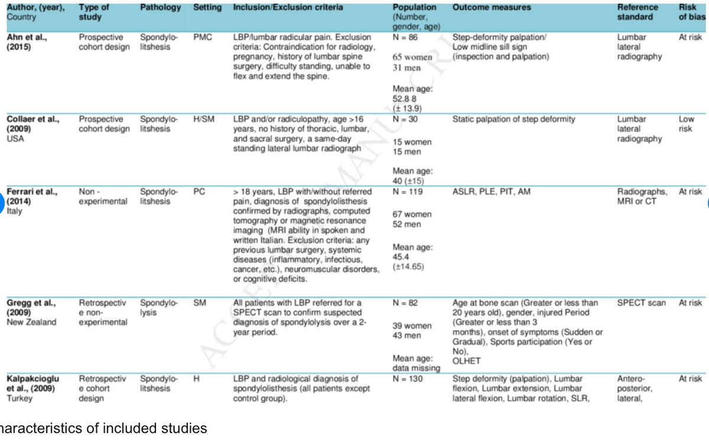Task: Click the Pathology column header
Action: click(x=161, y=8)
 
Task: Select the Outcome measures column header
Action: click(x=492, y=8)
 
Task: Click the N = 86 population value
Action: click(x=406, y=37)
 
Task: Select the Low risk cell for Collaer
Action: click(x=687, y=124)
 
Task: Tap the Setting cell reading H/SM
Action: click(x=204, y=119)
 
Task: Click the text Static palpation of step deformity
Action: click(x=513, y=119)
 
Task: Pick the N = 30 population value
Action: click(x=406, y=119)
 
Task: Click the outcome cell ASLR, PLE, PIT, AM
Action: click(x=492, y=192)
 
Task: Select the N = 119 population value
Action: click(x=408, y=192)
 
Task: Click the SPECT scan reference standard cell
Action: click(x=642, y=303)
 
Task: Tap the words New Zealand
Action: click(x=32, y=322)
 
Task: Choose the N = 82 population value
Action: click(x=406, y=303)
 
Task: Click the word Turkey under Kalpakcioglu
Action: click(x=19, y=398)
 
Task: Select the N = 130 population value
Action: click(x=408, y=379)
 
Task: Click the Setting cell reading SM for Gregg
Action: click(x=199, y=303)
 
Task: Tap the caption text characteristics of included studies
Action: click(x=104, y=428)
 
